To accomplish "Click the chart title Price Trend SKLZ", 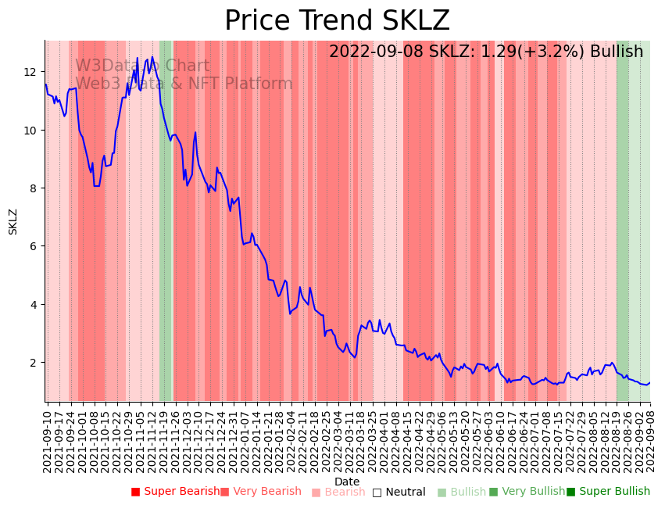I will (x=337, y=21).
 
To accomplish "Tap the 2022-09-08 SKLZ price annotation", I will (x=485, y=52).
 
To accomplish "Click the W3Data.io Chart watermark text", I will (x=142, y=66).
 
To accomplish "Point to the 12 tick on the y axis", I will (x=30, y=72).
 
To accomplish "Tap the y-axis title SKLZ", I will (x=13, y=221).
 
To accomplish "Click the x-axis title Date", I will (x=347, y=482).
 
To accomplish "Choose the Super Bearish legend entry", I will (x=175, y=492).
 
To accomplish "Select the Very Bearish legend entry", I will (x=260, y=492).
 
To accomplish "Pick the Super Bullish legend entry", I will (x=608, y=492).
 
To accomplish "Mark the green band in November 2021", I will (x=166, y=219).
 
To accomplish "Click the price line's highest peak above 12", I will (x=138, y=57).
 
